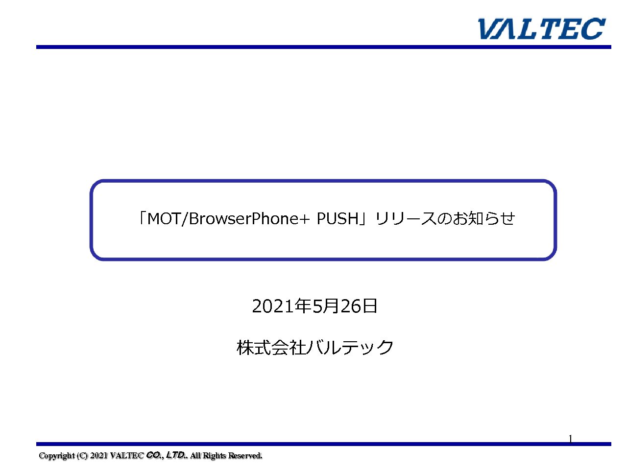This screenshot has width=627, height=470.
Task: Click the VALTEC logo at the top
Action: click(541, 28)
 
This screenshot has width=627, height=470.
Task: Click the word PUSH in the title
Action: click(338, 218)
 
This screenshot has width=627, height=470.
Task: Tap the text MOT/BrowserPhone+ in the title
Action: click(228, 218)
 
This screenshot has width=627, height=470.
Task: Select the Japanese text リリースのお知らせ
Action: click(445, 218)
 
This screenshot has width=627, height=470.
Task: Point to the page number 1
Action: click(570, 438)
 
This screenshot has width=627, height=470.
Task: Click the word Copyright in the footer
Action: click(56, 455)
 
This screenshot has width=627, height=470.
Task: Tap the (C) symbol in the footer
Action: click(82, 455)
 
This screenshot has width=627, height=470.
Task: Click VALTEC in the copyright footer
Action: click(126, 455)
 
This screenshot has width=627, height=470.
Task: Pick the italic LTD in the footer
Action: click(174, 455)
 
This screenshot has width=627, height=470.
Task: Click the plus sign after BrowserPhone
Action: click(305, 219)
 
